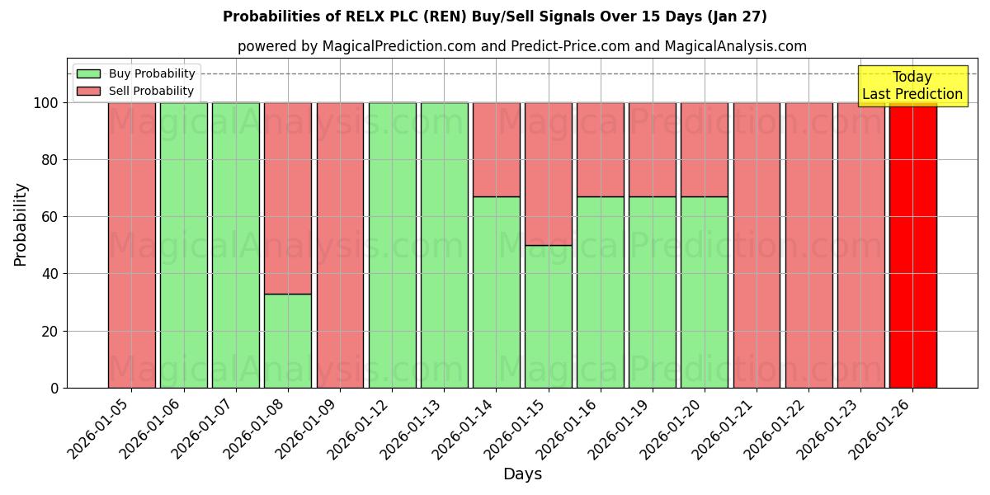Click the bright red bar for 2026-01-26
pos(912,245)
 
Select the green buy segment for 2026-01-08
pos(288,340)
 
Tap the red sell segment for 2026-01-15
pos(548,174)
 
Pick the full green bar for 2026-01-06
pos(184,245)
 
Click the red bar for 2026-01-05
pos(132,245)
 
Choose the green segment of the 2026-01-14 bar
pos(496,292)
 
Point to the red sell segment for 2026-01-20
pos(705,149)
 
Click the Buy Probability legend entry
pos(136,73)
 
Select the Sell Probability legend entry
pos(136,91)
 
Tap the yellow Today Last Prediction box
pos(912,86)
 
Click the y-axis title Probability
pos(21,224)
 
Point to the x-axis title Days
pos(522,474)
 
